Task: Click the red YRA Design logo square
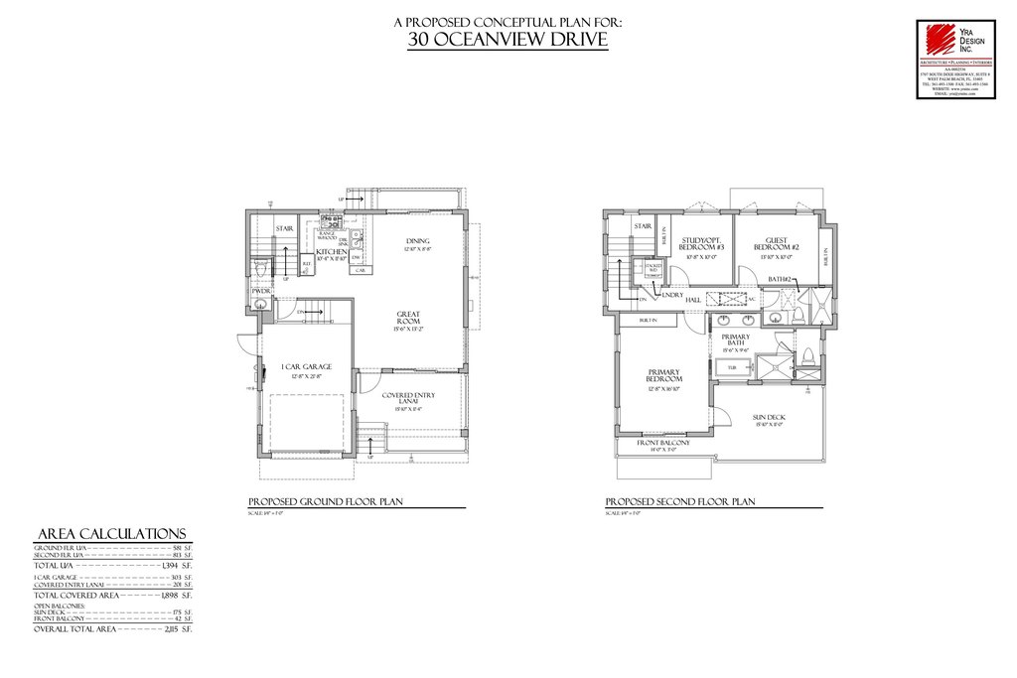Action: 936,40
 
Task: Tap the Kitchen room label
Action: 331,253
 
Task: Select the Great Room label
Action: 408,319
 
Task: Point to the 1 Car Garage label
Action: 305,367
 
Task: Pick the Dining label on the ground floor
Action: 417,241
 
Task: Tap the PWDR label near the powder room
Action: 261,291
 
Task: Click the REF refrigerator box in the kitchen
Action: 307,264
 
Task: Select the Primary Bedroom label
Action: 663,376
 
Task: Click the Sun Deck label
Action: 770,417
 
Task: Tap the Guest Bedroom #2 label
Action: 777,243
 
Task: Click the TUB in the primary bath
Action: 732,367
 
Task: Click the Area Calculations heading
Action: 109,533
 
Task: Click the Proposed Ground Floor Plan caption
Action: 324,502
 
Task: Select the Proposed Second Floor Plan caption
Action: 680,502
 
